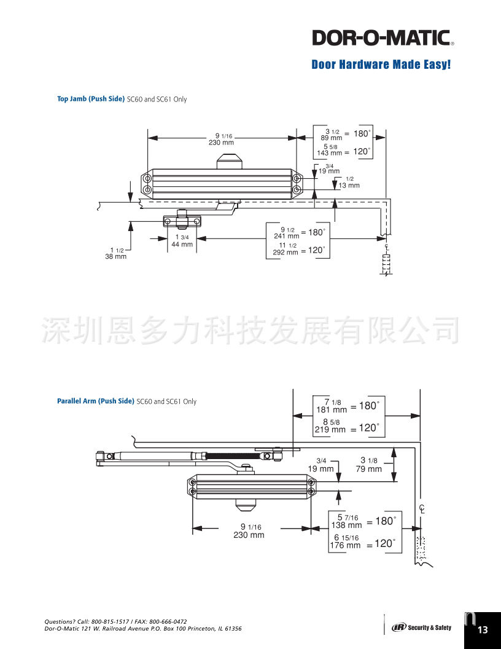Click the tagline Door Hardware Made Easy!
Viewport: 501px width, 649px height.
click(x=381, y=65)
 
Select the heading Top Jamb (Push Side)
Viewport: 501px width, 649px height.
click(x=91, y=99)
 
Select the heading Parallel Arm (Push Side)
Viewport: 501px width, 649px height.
click(x=95, y=401)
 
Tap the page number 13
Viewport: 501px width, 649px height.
click(x=483, y=630)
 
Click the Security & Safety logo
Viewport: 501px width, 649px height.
click(x=422, y=627)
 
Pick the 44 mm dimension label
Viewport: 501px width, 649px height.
click(x=182, y=244)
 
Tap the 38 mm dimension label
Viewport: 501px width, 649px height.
click(x=115, y=256)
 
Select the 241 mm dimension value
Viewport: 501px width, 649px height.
click(x=286, y=235)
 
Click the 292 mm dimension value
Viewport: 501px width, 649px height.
click(x=285, y=252)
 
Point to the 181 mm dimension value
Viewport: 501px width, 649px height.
click(x=332, y=409)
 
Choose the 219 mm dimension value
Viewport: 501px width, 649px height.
click(x=330, y=430)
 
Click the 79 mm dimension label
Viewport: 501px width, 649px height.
click(x=368, y=469)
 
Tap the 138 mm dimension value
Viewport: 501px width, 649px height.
click(x=346, y=525)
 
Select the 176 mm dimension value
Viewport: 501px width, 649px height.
click(x=345, y=545)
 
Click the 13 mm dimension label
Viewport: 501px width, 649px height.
click(x=349, y=185)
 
